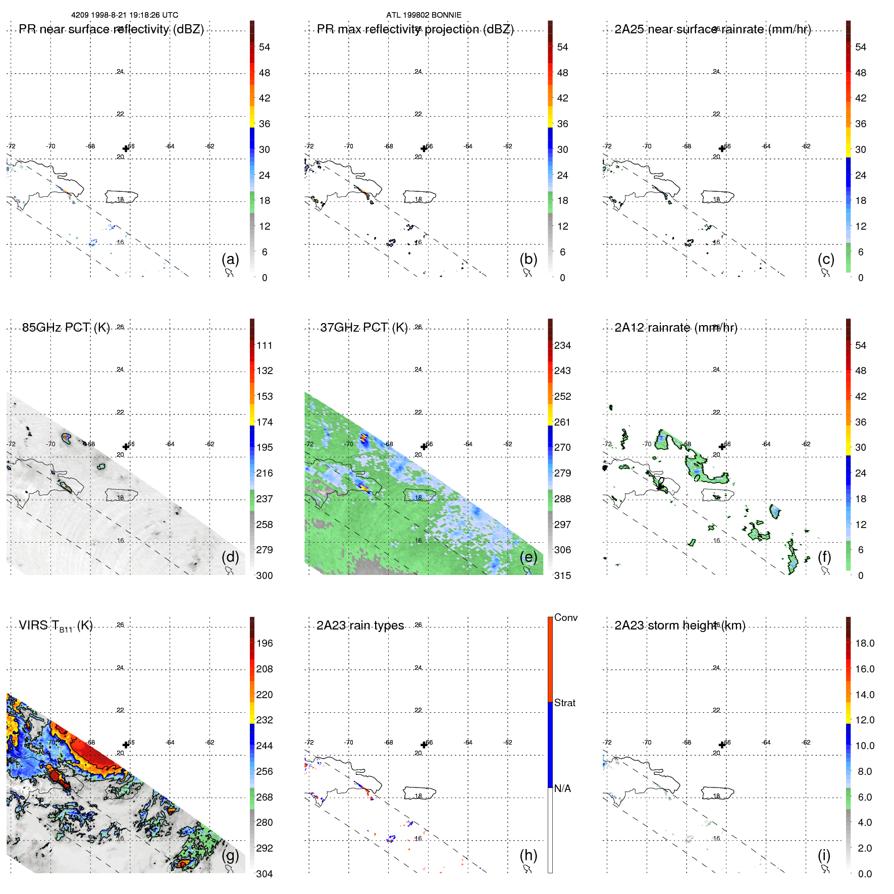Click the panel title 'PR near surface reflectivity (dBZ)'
[x=111, y=29]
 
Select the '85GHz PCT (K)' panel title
[x=66, y=327]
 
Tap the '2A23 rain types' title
[x=360, y=625]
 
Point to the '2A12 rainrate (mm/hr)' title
[x=675, y=328]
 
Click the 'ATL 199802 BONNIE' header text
[x=424, y=15]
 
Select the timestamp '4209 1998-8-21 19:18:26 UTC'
[x=124, y=15]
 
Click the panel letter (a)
[x=230, y=259]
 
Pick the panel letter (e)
[x=528, y=557]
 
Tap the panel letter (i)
[x=824, y=855]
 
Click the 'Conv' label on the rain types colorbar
[x=565, y=617]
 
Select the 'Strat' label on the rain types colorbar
[x=564, y=703]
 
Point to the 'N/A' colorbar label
[x=562, y=788]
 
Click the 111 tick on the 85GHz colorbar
[x=264, y=345]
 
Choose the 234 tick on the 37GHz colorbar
[x=562, y=345]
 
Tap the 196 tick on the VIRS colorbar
[x=264, y=643]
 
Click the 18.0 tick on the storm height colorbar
[x=864, y=643]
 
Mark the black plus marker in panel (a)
[x=126, y=148]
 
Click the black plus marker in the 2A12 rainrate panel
[x=722, y=447]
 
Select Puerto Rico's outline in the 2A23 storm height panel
[x=717, y=793]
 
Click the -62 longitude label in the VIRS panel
[x=209, y=742]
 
